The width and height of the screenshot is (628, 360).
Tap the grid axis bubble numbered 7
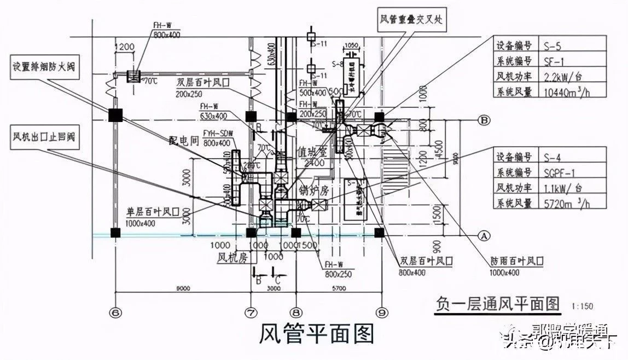pos(251,312)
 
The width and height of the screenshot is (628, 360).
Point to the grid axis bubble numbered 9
pos(381,312)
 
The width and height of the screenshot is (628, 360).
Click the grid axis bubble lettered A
pos(484,235)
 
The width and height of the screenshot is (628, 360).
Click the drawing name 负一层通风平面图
pos(498,303)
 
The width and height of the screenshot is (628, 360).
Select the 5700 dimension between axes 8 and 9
pos(339,288)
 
